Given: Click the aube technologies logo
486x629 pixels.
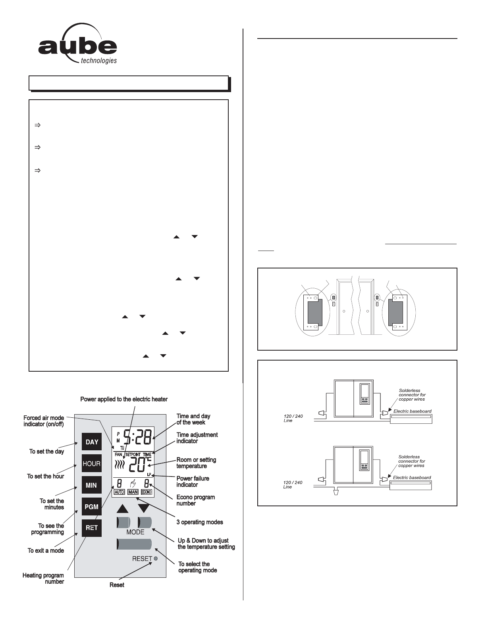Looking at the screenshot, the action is tap(78, 45).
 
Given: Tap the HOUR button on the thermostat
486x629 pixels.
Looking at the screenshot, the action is tap(92, 463).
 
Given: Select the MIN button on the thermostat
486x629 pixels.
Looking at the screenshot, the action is tap(92, 485).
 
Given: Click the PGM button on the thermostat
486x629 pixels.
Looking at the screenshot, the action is tap(92, 507).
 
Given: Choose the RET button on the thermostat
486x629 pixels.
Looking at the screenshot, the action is tap(92, 528).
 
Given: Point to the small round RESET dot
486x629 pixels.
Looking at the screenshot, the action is tap(156, 558).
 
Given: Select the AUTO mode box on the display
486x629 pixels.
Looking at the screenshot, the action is tap(119, 492).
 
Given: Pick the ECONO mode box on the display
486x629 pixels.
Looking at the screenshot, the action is tap(147, 492).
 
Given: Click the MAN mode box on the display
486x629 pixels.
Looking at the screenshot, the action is tap(133, 492).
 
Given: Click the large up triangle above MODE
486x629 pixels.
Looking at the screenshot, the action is tap(123, 508).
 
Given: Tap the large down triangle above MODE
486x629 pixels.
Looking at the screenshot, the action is tap(144, 508).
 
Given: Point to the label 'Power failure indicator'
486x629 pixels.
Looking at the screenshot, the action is tap(193, 481).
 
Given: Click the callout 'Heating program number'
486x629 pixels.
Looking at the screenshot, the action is tap(43, 578).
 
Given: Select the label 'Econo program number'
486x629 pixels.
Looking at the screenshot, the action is tap(195, 500).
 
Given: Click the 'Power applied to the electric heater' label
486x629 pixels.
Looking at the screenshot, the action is tap(124, 399).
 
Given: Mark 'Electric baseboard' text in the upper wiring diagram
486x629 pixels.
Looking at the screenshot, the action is tap(412, 411).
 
